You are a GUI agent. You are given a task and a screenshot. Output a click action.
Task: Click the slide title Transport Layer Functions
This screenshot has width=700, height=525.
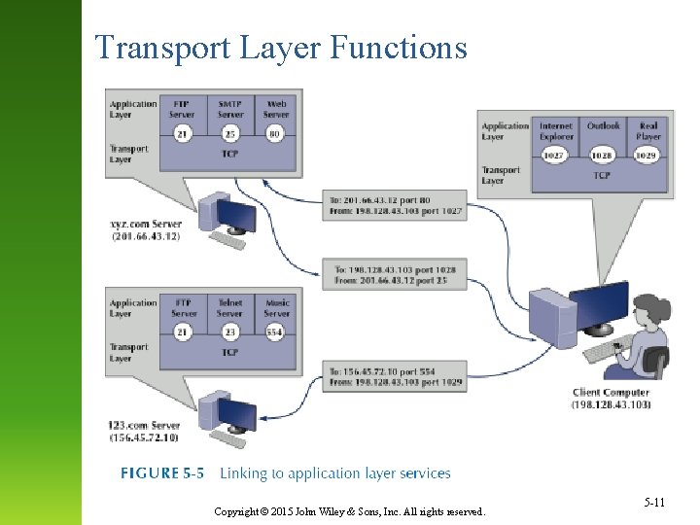(280, 47)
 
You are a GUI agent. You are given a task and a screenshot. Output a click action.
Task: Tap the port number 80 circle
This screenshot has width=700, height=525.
(275, 133)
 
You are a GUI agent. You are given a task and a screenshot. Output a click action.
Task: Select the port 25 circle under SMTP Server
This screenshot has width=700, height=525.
(230, 133)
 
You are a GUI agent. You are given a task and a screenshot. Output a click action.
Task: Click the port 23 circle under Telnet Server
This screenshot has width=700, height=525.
(230, 332)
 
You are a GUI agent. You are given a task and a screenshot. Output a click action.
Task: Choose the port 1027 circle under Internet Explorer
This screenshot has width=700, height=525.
(555, 156)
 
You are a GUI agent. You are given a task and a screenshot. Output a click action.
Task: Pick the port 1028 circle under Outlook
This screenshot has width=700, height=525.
(603, 156)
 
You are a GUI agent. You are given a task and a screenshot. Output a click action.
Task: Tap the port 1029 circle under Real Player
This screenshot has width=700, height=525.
(647, 156)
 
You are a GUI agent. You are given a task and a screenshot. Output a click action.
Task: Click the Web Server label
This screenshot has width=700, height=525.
(276, 109)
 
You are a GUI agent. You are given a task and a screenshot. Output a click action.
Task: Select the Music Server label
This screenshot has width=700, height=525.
(277, 308)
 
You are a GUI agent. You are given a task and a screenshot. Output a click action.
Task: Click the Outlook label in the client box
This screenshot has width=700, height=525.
(603, 126)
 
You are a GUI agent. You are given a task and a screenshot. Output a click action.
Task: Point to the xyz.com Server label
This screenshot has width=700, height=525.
(145, 230)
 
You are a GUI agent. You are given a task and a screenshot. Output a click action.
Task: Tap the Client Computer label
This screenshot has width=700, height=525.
(611, 399)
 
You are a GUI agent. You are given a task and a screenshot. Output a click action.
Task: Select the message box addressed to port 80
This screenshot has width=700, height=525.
(395, 206)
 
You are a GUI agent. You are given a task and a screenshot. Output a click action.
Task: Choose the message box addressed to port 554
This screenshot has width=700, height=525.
(395, 377)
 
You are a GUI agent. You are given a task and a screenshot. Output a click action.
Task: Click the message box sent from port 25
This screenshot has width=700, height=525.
(395, 274)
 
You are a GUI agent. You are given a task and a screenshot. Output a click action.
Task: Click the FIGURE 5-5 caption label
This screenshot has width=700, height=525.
(162, 473)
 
